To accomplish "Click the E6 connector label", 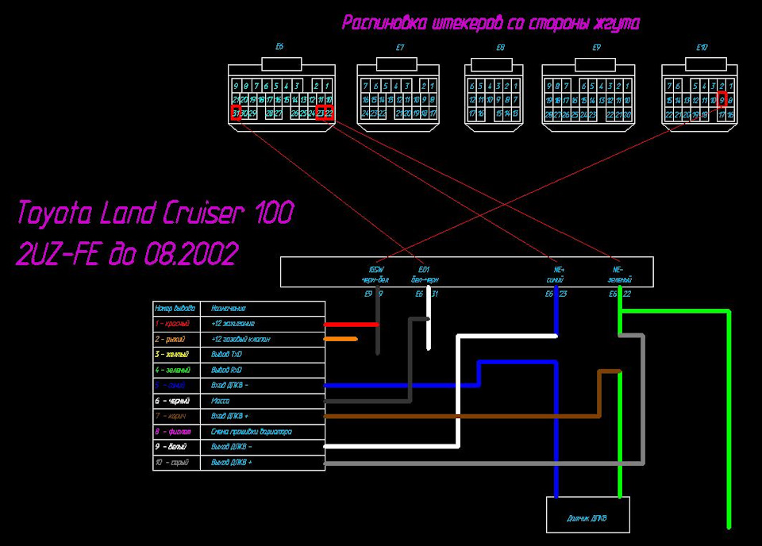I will [279, 48].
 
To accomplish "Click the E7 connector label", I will [400, 48].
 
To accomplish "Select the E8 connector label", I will [500, 48].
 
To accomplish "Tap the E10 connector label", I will [702, 48].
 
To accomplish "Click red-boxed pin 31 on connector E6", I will [236, 113].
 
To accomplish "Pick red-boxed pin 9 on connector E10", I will [722, 100].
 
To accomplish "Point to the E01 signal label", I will [423, 270].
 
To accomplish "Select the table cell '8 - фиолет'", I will [177, 432].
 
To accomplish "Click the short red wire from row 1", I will [351, 324].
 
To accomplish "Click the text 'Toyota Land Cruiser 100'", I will [156, 213].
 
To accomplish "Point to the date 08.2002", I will [190, 254].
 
